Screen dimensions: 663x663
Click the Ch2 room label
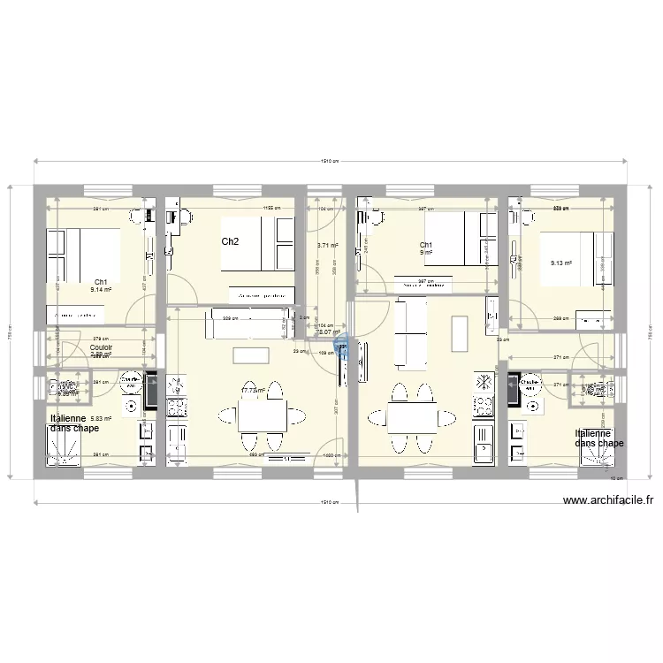230,241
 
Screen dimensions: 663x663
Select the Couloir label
101,347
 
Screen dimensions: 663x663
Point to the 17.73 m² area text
253,389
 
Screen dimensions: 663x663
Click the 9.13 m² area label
561,263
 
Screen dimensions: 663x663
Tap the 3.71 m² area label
327,246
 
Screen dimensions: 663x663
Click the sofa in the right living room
409,336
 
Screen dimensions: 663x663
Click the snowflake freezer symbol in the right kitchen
484,382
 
